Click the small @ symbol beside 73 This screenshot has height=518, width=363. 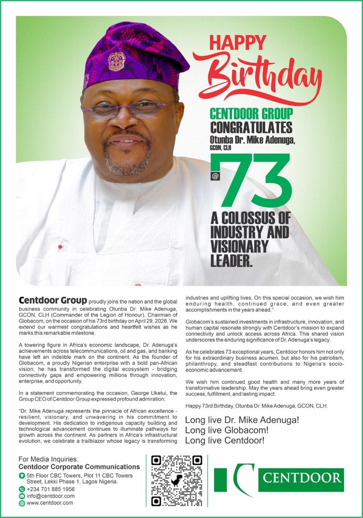click(x=214, y=176)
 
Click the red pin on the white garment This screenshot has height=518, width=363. click(x=60, y=247)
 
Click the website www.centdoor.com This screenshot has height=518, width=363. click(x=50, y=503)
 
